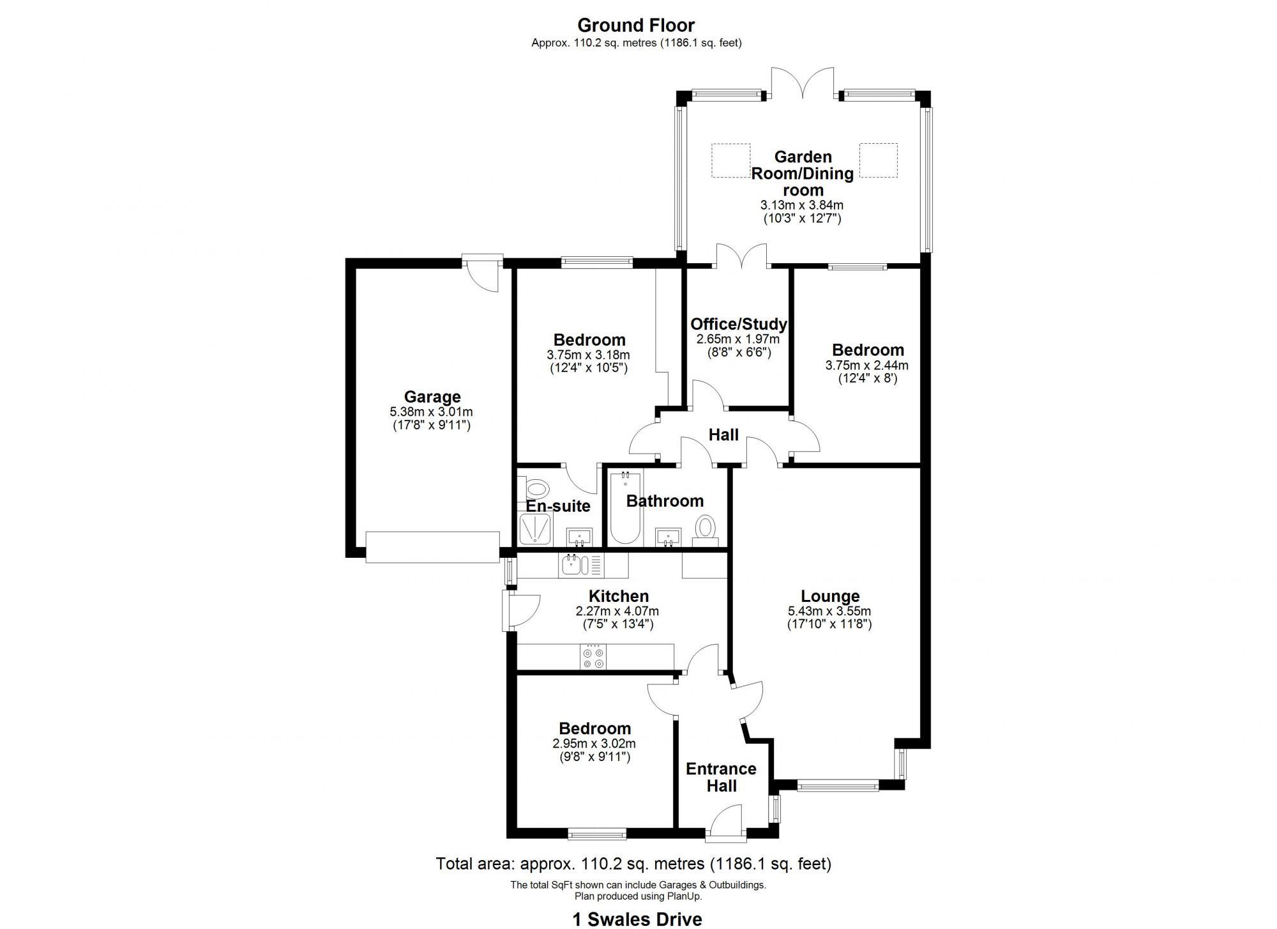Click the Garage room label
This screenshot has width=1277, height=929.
click(x=432, y=397)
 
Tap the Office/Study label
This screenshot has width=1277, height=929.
click(x=738, y=324)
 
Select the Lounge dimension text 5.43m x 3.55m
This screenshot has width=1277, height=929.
click(x=829, y=611)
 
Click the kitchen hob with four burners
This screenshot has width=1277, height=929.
click(x=593, y=658)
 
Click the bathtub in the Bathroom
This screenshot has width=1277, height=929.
click(x=625, y=509)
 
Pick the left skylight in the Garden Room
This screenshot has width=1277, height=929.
click(x=730, y=160)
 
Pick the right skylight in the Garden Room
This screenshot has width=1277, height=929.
click(x=878, y=160)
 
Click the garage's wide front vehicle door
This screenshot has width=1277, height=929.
click(x=432, y=548)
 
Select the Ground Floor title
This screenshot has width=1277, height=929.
click(x=636, y=26)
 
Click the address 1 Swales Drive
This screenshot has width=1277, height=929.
click(x=637, y=919)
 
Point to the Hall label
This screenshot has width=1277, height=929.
click(x=723, y=435)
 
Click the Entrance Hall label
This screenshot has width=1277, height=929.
click(x=721, y=777)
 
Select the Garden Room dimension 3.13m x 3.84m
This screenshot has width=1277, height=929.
click(x=802, y=205)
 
